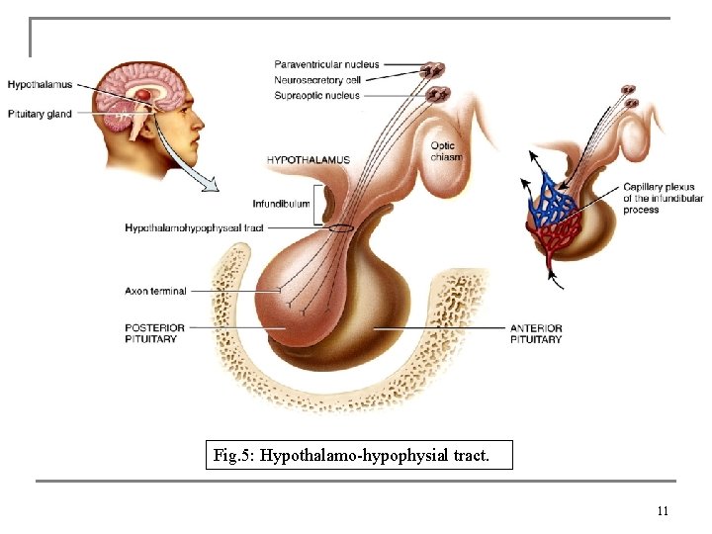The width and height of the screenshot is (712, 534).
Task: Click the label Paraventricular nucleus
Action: pyautogui.click(x=327, y=65)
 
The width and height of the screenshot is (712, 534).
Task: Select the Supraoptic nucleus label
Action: pyautogui.click(x=318, y=96)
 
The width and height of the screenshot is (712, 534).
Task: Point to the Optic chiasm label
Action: pyautogui.click(x=446, y=151)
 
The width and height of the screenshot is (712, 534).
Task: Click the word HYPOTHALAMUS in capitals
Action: pyautogui.click(x=308, y=160)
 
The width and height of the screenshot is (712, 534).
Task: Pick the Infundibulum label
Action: pyautogui.click(x=281, y=205)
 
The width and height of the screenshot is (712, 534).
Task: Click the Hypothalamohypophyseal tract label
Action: pyautogui.click(x=195, y=228)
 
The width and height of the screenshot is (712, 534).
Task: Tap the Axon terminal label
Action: pyautogui.click(x=155, y=292)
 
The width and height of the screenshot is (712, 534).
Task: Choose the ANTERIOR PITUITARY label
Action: pyautogui.click(x=536, y=333)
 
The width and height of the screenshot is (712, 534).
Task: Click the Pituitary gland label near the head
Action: pyautogui.click(x=40, y=114)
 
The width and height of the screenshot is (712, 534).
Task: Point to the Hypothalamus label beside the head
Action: pyautogui.click(x=40, y=85)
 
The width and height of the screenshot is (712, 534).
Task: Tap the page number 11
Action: pyautogui.click(x=663, y=511)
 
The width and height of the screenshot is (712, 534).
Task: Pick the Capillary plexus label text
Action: pyautogui.click(x=662, y=199)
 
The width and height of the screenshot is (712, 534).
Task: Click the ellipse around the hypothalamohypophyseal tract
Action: pyautogui.click(x=340, y=228)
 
